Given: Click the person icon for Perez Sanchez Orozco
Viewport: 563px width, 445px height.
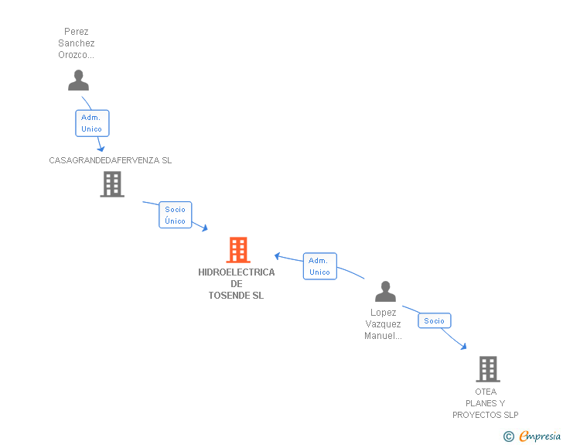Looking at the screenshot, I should click(x=78, y=80).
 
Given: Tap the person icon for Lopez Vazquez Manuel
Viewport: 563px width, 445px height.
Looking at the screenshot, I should click(x=385, y=292).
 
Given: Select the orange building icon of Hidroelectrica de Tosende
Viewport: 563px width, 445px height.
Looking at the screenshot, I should click(x=238, y=250).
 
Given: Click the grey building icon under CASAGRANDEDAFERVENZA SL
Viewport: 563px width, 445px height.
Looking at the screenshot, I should click(x=112, y=184).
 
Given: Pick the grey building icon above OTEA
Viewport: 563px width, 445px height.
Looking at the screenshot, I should click(x=487, y=369).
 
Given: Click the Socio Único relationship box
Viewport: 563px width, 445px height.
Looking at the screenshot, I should click(x=176, y=215).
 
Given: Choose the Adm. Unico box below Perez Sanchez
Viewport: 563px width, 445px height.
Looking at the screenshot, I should click(x=91, y=123).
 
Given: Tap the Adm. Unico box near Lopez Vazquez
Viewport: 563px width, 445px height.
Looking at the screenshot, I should click(x=319, y=266).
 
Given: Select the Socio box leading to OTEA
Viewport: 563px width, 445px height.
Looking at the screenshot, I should click(x=435, y=320).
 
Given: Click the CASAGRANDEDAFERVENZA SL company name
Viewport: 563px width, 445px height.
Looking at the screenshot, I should click(x=111, y=160).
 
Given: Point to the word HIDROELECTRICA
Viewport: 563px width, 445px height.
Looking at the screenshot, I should click(x=236, y=272).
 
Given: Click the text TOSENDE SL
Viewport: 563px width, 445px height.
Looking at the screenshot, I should click(x=236, y=296).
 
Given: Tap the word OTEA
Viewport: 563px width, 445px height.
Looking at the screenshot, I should click(x=486, y=392).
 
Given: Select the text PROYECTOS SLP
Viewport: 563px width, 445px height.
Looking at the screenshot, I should click(x=486, y=415).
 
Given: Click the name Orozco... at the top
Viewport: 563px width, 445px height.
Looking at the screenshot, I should click(x=77, y=55).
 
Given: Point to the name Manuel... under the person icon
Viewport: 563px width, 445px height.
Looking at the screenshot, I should click(x=383, y=336).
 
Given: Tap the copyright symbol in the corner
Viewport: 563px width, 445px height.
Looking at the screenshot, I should click(x=509, y=436).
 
